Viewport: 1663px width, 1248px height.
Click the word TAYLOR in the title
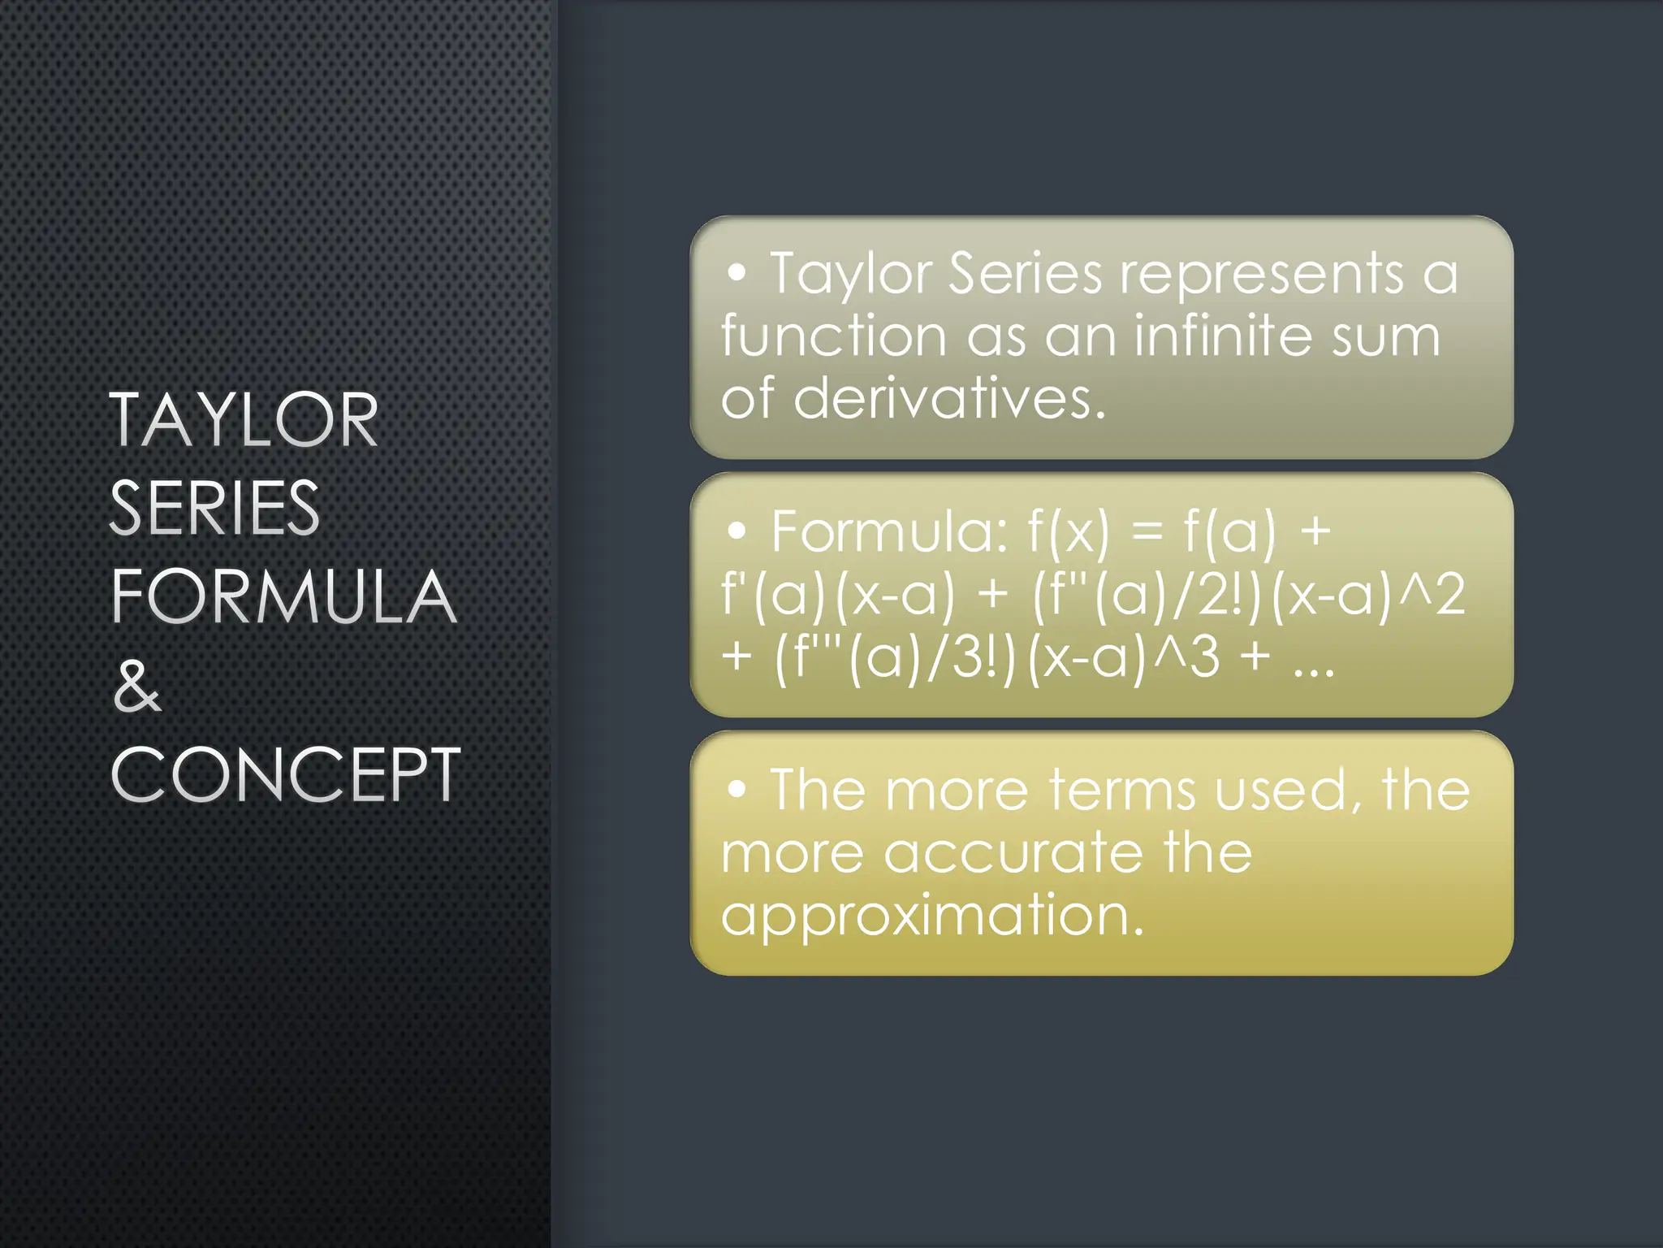[244, 419]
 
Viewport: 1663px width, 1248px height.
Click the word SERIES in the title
[214, 508]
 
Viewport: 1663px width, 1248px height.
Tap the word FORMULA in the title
[283, 596]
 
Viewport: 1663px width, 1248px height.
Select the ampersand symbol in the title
[137, 686]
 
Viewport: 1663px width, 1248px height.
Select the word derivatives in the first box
[948, 399]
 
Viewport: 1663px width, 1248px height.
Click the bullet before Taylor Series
[736, 274]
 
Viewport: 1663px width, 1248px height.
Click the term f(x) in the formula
[1068, 531]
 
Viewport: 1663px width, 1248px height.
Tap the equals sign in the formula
[1147, 533]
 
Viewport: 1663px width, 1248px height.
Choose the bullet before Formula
[736, 531]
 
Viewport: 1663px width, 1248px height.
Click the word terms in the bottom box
[1121, 790]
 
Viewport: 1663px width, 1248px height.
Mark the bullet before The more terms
[736, 789]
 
